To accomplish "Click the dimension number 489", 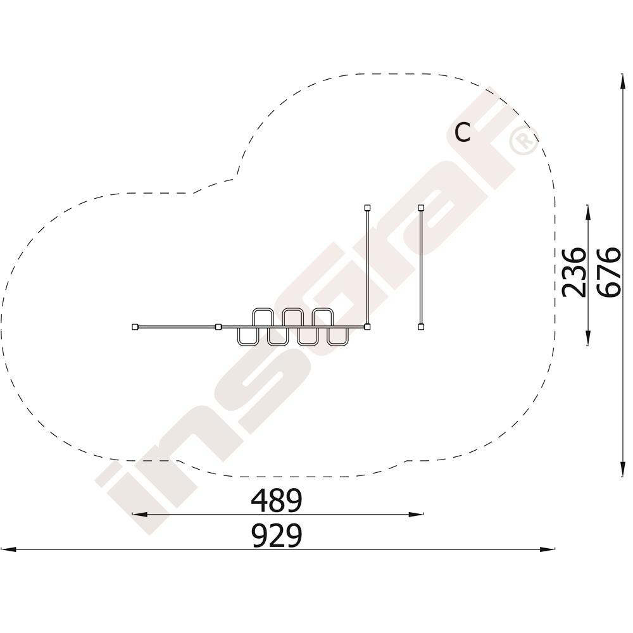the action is (277, 500).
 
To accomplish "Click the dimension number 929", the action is (277, 536).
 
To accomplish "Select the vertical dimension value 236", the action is (573, 272).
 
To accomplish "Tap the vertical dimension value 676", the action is (608, 272).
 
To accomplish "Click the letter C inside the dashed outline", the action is (463, 132).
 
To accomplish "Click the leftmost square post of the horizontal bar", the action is (135, 327).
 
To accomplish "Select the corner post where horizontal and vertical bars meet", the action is (367, 327).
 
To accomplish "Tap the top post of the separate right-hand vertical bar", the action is (421, 208).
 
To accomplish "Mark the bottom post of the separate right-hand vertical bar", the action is (421, 327).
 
